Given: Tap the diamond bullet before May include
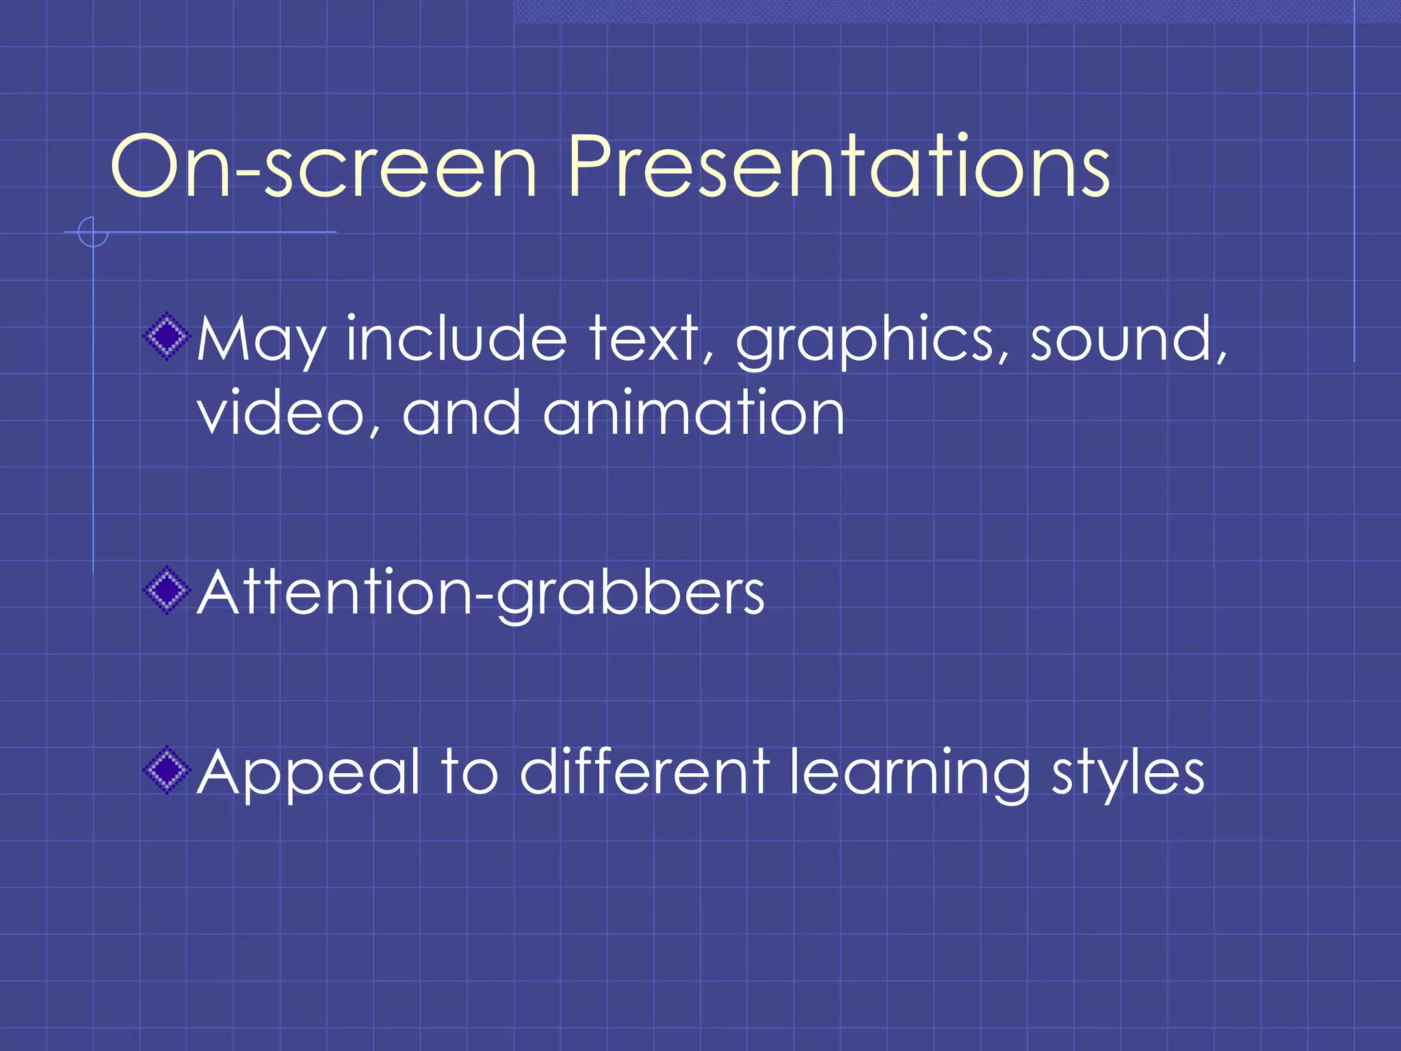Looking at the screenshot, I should [x=166, y=336].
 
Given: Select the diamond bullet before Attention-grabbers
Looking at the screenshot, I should [x=166, y=591].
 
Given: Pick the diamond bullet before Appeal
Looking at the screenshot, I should [x=166, y=770].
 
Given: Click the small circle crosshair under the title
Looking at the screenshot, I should [x=92, y=232].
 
